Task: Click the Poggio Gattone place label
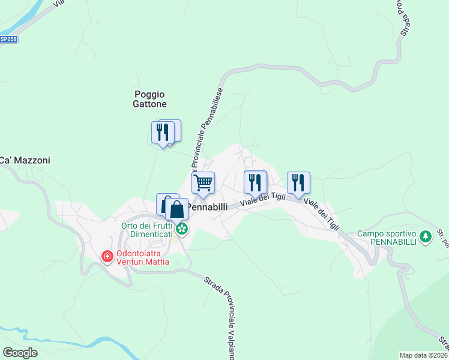tap(149, 99)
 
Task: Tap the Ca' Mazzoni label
tap(25, 160)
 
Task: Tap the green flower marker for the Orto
tap(182, 229)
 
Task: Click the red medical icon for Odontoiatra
tap(107, 257)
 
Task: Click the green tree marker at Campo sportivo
tap(426, 236)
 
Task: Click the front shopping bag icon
tap(176, 210)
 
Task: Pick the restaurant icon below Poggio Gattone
tap(161, 132)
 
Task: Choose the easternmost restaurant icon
tap(298, 182)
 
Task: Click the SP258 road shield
tap(8, 39)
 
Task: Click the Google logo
tap(20, 352)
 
